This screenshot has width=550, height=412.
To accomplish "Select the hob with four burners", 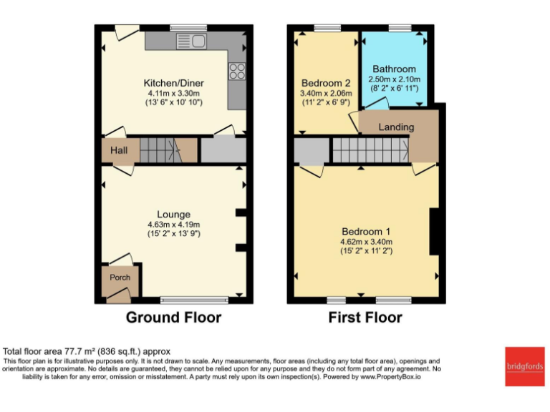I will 237,71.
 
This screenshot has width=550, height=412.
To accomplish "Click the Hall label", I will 119,151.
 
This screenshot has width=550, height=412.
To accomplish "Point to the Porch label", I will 119,278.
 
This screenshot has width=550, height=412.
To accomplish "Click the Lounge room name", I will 173,214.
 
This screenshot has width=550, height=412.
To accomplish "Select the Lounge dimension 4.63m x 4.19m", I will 173,224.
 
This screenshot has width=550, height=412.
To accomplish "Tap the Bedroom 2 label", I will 325,82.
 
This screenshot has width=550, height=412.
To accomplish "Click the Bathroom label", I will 394,69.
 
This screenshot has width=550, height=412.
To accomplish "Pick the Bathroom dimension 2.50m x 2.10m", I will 394,79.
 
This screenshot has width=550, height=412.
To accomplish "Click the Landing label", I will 396,127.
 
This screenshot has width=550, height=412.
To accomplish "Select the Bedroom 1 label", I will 366,231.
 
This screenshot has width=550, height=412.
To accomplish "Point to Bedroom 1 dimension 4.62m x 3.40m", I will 366,242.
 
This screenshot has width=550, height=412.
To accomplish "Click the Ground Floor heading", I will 173,317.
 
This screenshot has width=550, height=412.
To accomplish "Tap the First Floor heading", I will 365,317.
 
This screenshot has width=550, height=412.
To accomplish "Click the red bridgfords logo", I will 524,366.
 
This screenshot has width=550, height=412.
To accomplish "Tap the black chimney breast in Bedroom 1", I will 434,231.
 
